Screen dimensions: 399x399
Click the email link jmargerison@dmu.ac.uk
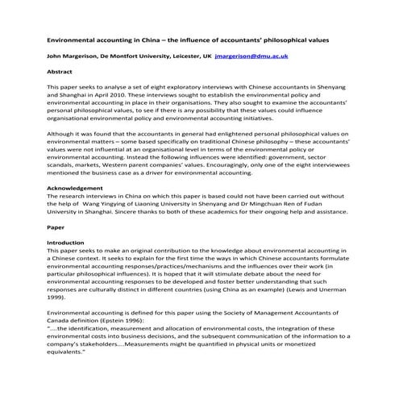click(x=253, y=57)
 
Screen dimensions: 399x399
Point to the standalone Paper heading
click(x=56, y=228)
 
